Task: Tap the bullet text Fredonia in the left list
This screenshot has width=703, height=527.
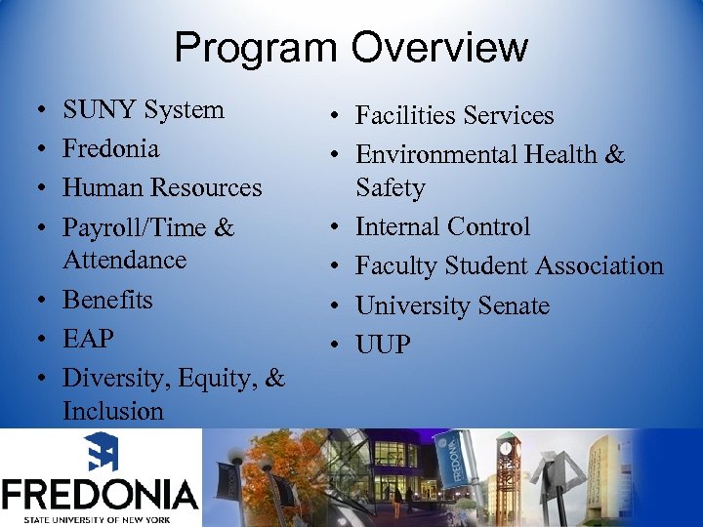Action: coord(110,149)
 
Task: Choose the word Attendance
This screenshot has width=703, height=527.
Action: coord(124,260)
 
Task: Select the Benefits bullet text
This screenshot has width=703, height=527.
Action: coord(107,299)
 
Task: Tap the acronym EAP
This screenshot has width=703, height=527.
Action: coord(88,339)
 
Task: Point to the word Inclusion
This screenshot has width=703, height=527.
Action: coord(112,410)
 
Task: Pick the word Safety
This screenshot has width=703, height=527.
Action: coord(390,187)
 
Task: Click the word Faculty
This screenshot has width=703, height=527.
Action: coord(394,266)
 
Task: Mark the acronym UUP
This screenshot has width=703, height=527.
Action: coord(383,345)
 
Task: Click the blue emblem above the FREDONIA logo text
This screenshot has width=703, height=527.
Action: coord(100,453)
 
